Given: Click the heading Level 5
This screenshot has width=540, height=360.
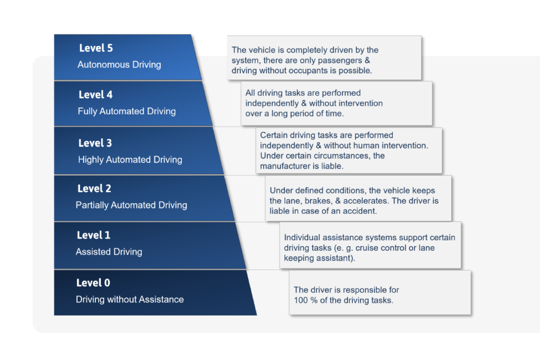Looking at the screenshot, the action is (96, 48).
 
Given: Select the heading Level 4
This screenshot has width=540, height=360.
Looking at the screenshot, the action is (95, 95).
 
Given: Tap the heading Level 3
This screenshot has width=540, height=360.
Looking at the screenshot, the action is (95, 143).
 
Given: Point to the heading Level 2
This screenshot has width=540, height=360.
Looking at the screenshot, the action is (94, 189).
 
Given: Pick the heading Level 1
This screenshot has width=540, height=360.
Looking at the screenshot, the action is (93, 235).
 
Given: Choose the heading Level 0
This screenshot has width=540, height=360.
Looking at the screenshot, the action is (93, 283).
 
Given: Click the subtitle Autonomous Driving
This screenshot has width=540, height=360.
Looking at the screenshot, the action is (119, 65).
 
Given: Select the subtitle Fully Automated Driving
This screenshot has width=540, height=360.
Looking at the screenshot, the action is (127, 112).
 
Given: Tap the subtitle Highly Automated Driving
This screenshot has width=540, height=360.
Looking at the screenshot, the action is (130, 160).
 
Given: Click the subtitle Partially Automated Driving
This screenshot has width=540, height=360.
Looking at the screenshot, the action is (131, 205).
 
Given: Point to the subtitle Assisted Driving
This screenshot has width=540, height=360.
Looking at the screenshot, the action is (109, 251).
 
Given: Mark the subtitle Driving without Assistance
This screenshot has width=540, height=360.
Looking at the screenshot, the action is (130, 299).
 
